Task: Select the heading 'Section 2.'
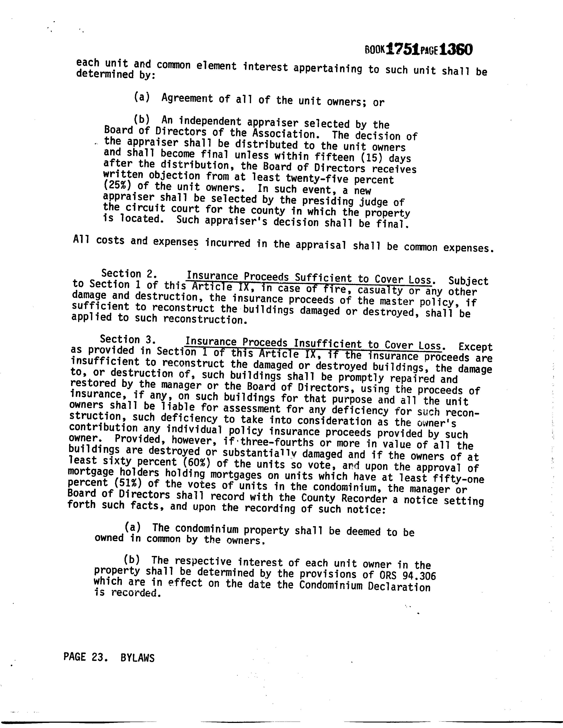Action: coord(129,274)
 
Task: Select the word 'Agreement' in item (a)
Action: coord(187,98)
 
